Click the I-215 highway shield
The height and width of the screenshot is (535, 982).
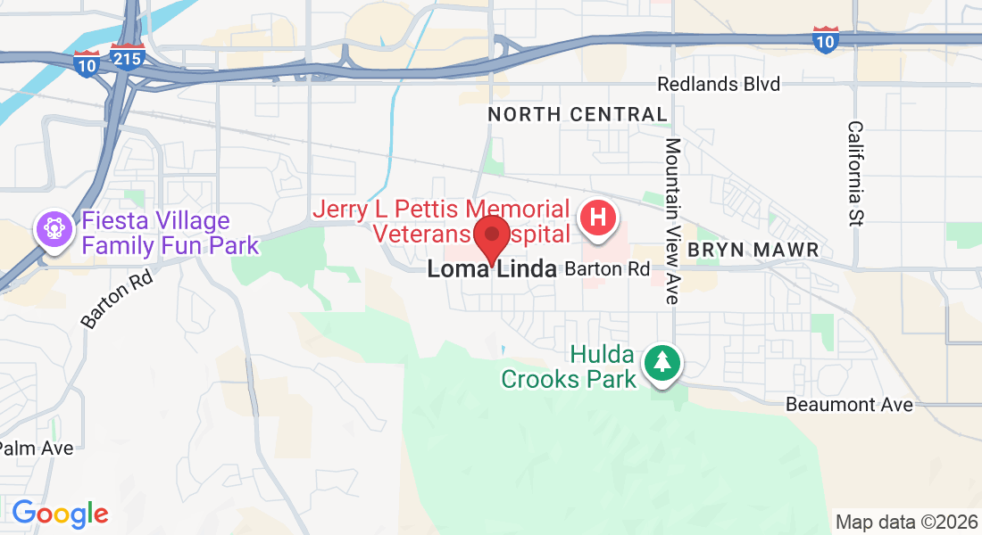pos(128,56)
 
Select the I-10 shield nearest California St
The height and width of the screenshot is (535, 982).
pos(825,38)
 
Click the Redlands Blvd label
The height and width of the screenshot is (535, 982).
pos(718,84)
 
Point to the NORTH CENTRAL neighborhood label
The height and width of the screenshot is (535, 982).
pos(578,114)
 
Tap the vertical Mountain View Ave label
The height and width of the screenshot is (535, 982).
pos(673,220)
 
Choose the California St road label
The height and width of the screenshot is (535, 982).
pos(856,174)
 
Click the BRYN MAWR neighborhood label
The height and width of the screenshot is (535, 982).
pos(753,250)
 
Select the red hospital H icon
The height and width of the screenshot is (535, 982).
pos(598,218)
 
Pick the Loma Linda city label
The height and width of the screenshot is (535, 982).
pos(491,268)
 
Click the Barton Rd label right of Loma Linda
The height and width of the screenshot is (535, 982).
pos(607,268)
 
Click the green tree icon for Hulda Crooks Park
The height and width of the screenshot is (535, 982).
pos(662,363)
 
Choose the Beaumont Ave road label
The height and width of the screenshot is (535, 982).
pos(849,405)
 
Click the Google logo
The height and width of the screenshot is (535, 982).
pos(60,514)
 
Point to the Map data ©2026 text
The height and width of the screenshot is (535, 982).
pos(905,521)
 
